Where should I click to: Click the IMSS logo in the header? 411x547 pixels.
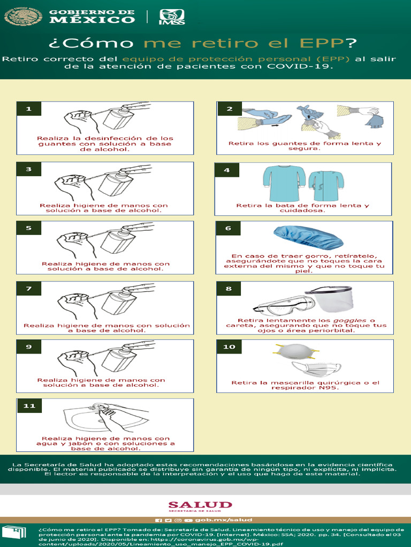pyautogui.click(x=172, y=18)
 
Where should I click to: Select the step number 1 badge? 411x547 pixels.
pyautogui.click(x=29, y=109)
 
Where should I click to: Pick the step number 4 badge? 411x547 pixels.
pyautogui.click(x=227, y=170)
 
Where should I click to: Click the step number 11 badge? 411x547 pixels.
pyautogui.click(x=29, y=405)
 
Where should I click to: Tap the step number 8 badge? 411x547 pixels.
pyautogui.click(x=229, y=288)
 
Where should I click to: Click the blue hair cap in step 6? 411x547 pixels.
pyautogui.click(x=308, y=237)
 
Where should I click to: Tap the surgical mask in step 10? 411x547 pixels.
pyautogui.click(x=316, y=369)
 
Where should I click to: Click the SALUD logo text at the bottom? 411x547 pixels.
pyautogui.click(x=200, y=505)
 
